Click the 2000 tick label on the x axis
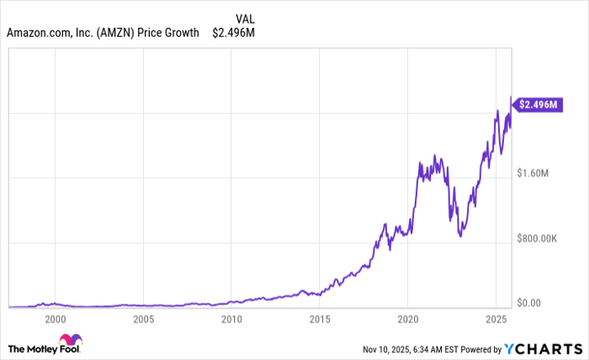[55, 320]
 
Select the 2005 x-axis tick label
[143, 320]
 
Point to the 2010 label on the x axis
[231, 320]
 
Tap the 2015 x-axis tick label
[320, 320]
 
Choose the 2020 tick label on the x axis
[408, 320]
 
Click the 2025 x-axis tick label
[496, 320]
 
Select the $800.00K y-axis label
[539, 238]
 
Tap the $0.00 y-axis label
[531, 303]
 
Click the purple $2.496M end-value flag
[536, 105]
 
